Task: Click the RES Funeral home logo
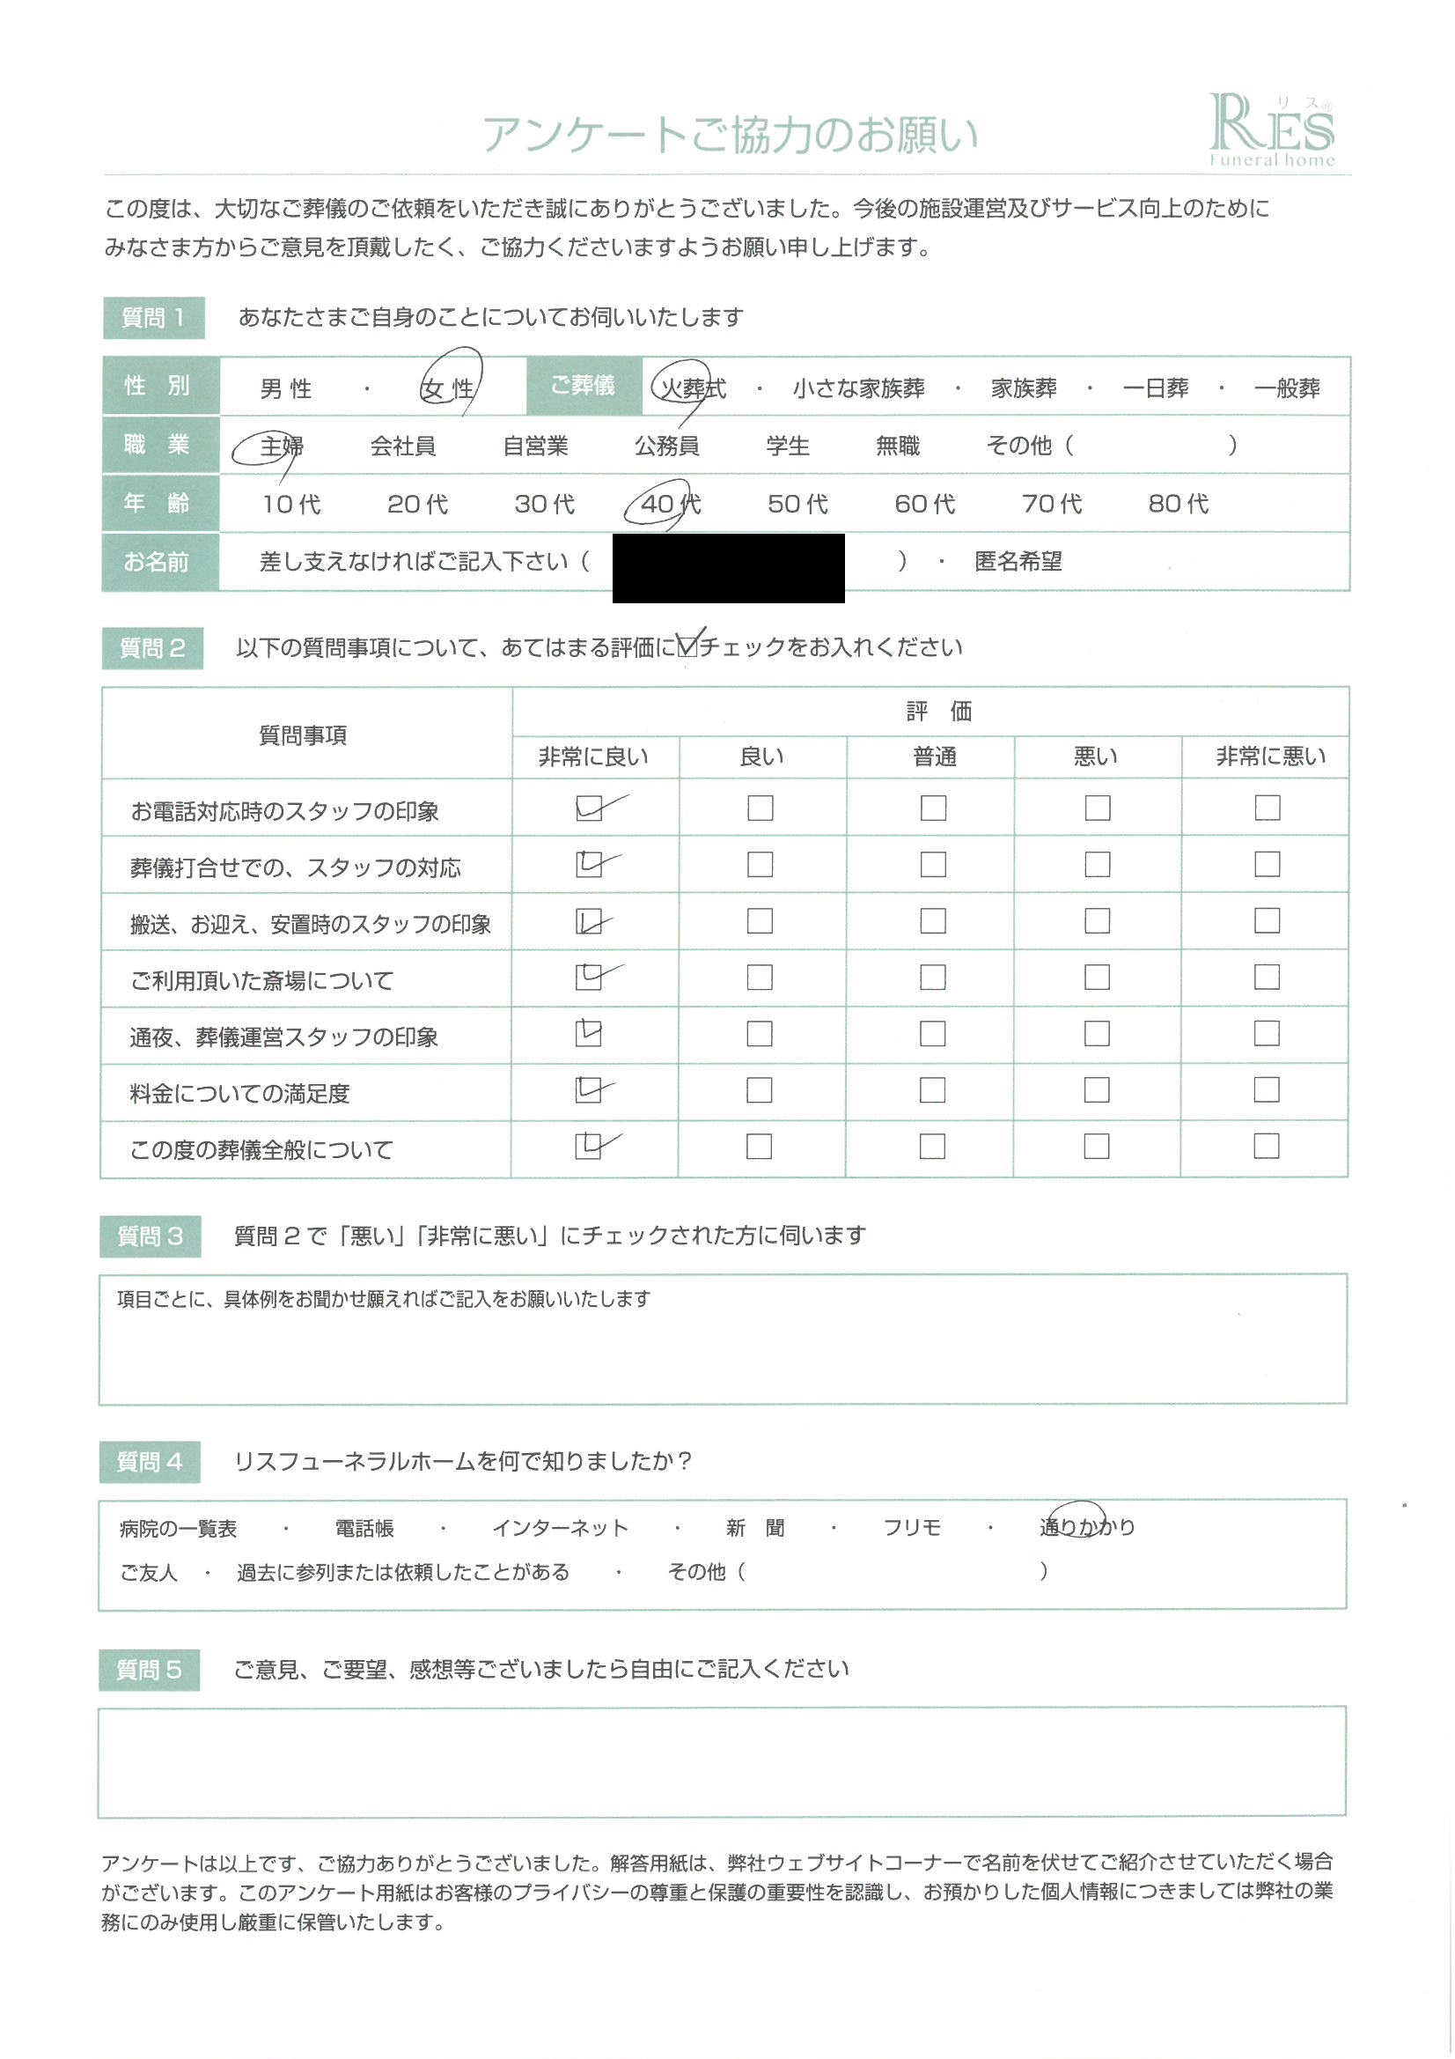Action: pos(1272,131)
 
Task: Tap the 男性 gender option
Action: pos(286,388)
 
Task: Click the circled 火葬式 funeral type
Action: pos(691,388)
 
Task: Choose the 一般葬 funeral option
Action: pos(1287,388)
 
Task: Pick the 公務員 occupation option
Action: pos(667,446)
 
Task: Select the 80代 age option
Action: pos(1178,504)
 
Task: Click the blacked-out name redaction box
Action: pos(728,567)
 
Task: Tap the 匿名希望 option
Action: pos(1018,562)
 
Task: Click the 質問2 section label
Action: pos(152,647)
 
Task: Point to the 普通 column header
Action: pos(934,756)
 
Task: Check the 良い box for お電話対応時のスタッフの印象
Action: pos(761,808)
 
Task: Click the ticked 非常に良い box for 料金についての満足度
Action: pos(588,1089)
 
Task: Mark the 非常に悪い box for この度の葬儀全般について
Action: pos(1266,1146)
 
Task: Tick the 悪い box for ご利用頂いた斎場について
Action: pos(1098,978)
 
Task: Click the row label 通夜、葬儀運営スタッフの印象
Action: pos(284,1037)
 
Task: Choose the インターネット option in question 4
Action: pos(561,1528)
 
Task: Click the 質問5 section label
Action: pos(149,1670)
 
